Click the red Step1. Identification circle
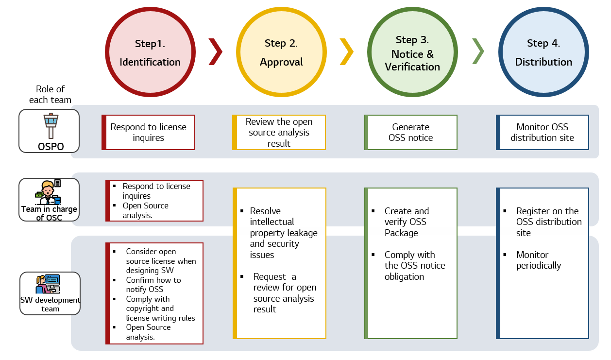(150, 52)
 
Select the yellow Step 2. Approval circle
(281, 52)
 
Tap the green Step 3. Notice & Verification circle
(412, 52)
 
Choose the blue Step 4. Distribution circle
(543, 52)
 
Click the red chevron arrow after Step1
(215, 51)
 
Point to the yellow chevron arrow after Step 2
(346, 51)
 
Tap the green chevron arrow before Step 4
(478, 51)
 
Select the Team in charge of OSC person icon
(48, 193)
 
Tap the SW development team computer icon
(48, 284)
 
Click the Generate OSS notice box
(411, 132)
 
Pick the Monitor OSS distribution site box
(542, 132)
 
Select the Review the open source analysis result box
(279, 132)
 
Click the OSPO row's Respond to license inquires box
(148, 132)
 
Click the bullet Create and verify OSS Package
(407, 222)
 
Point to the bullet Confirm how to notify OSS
(153, 284)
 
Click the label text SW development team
(50, 304)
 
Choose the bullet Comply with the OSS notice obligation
(414, 266)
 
